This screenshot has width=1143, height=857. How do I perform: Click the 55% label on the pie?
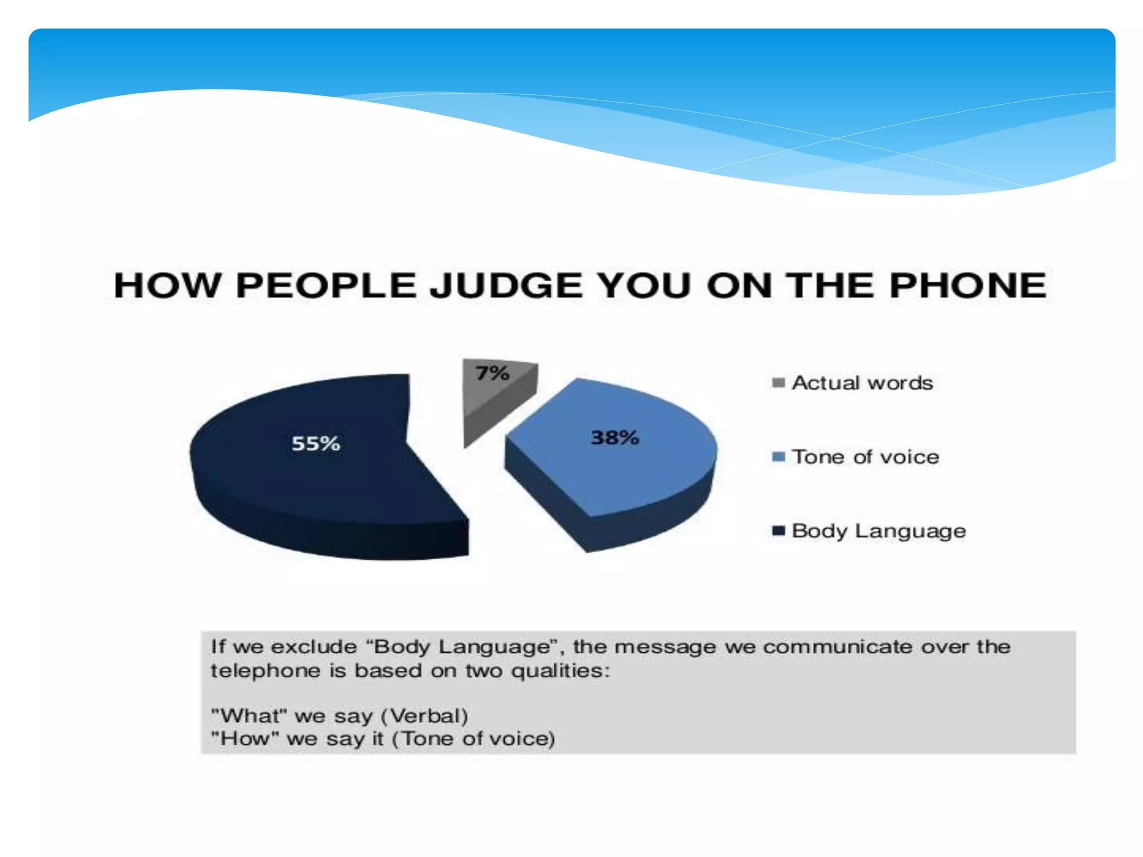(316, 444)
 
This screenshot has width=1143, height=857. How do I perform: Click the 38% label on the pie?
(614, 437)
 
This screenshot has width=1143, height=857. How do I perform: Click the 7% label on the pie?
(492, 373)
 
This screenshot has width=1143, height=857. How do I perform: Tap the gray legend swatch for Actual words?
(779, 383)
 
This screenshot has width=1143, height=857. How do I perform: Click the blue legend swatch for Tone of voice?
(779, 457)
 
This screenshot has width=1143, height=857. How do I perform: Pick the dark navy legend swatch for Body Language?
(779, 531)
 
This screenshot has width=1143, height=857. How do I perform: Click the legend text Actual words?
(862, 383)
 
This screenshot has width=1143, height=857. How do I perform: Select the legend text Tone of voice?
(866, 457)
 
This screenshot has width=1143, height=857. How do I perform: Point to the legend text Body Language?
(878, 531)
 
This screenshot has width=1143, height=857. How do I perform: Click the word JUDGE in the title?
(507, 286)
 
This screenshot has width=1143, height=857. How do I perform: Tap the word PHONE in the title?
(968, 286)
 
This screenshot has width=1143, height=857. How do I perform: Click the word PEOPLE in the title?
(326, 286)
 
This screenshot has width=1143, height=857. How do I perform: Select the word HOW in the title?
(167, 286)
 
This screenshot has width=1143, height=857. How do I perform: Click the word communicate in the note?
(838, 647)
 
